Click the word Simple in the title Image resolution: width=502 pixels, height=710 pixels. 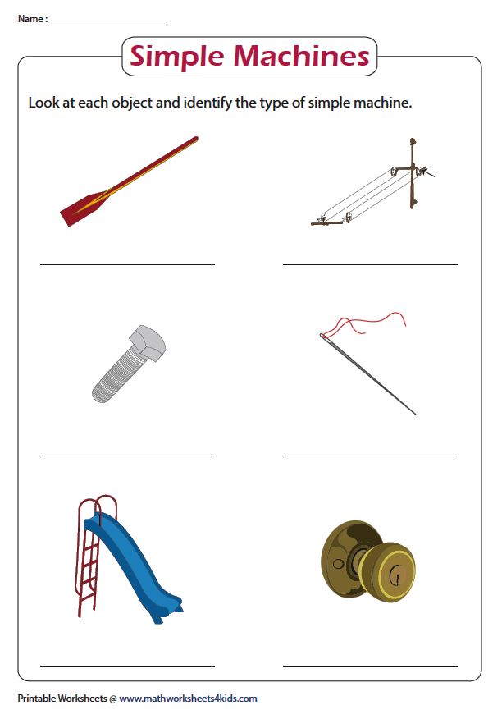pyautogui.click(x=177, y=57)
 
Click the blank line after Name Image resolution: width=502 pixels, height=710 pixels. pyautogui.click(x=107, y=25)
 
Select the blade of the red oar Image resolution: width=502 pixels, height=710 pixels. pyautogui.click(x=84, y=208)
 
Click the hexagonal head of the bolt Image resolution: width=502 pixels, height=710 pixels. pyautogui.click(x=148, y=342)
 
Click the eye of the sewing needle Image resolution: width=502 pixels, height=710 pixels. pyautogui.click(x=322, y=336)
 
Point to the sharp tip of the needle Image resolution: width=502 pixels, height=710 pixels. pyautogui.click(x=416, y=415)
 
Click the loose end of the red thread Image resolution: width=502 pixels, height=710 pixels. pyautogui.click(x=405, y=325)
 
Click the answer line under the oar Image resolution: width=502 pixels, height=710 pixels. pyautogui.click(x=127, y=264)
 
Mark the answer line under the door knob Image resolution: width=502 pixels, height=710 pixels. pyautogui.click(x=370, y=666)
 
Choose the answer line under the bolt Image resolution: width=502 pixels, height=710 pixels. pyautogui.click(x=127, y=456)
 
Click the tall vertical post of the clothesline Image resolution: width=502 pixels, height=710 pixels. pyautogui.click(x=413, y=173)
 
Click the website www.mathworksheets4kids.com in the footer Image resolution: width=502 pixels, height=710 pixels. pyautogui.click(x=188, y=699)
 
